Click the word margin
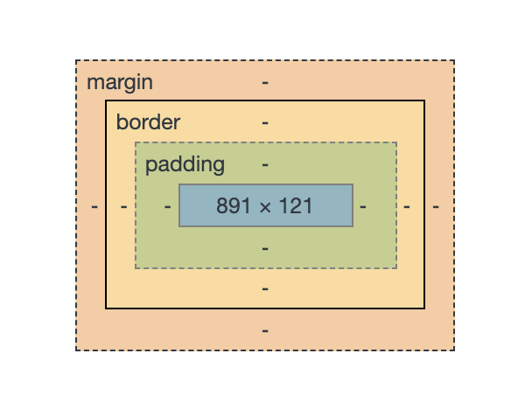[120, 83]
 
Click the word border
[148, 122]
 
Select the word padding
[185, 164]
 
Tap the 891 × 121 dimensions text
[265, 206]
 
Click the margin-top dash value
[265, 83]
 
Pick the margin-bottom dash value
[265, 331]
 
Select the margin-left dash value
[94, 207]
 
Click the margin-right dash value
[435, 207]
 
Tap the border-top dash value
[265, 122]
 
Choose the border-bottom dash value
[265, 288]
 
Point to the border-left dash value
[124, 207]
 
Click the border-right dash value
[406, 207]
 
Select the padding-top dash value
[265, 164]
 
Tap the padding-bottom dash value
[265, 248]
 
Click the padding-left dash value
[167, 207]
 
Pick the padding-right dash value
[363, 207]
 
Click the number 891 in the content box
[234, 206]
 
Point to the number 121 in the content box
[297, 206]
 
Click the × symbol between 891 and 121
[266, 207]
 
